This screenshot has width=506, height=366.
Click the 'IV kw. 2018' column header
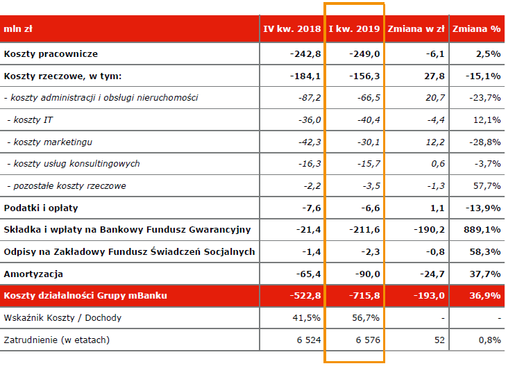pos(292,29)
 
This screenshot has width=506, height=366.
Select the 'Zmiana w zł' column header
pos(416,29)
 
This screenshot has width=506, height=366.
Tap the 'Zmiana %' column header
pos(476,29)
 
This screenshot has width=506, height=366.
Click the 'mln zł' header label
pos(18,29)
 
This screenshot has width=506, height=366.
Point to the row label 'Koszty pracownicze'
pos(51,54)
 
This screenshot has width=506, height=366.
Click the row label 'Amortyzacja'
pos(33,274)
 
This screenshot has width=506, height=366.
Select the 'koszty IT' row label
pos(30,120)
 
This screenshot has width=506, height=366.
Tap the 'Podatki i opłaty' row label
pos(41,208)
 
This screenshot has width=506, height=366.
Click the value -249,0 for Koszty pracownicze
pos(364,54)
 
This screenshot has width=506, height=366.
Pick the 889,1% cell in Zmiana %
pos(482,230)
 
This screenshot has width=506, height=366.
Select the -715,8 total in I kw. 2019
pos(364,296)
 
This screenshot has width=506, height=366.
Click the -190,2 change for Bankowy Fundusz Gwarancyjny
pos(429,230)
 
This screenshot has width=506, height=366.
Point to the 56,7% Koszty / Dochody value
pos(366,318)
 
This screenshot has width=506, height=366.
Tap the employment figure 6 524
pos(309,340)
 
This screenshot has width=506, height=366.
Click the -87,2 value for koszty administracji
pos(310,98)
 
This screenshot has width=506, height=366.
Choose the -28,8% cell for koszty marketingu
pos(484,142)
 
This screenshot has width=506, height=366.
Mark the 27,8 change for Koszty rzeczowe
pos(435,76)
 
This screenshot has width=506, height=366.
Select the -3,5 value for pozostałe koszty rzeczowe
pos(371,186)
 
